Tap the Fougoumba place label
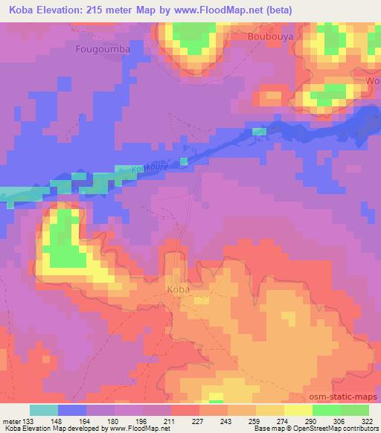[103, 49]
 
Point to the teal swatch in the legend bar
[44, 410]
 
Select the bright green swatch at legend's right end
[354, 410]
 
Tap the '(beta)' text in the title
[278, 10]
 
